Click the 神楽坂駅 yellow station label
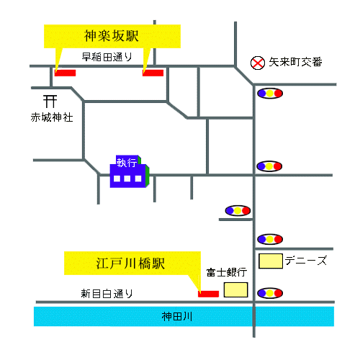pos(112,35)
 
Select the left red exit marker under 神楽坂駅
pos(66,73)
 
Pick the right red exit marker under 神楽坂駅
pos(153,73)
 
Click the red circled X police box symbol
pos(258,63)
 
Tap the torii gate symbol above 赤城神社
pos(50,101)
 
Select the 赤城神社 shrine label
pos(51,117)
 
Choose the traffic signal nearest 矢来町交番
pos(269,93)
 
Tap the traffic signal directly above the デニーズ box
pos(269,238)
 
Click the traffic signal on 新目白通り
pos(269,293)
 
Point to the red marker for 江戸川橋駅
pos(209,293)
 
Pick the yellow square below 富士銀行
pos(235,289)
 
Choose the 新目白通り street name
pos(107,294)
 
